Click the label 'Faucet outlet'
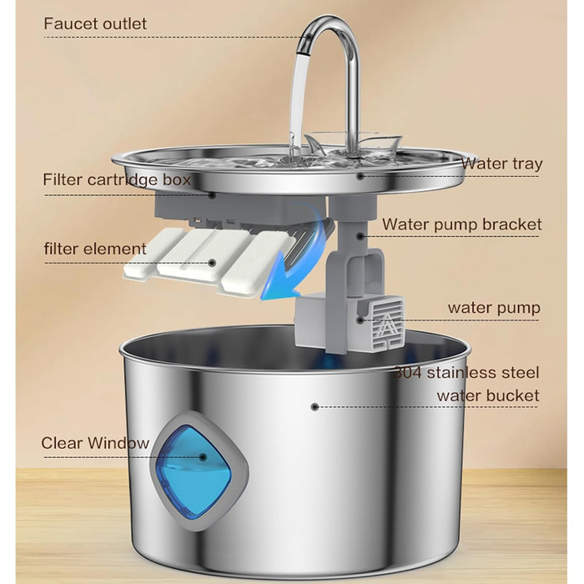click(95, 24)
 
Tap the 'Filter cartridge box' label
click(117, 179)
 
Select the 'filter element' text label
click(95, 249)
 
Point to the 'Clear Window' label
click(95, 443)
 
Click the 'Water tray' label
click(501, 164)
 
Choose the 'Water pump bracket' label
click(462, 224)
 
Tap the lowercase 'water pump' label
click(494, 308)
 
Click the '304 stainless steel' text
click(466, 372)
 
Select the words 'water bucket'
click(488, 395)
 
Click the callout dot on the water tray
click(360, 176)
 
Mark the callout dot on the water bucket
click(315, 407)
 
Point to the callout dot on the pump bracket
click(360, 236)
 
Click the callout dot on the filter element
click(212, 263)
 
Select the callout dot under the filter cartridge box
click(212, 194)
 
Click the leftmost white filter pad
click(153, 255)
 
